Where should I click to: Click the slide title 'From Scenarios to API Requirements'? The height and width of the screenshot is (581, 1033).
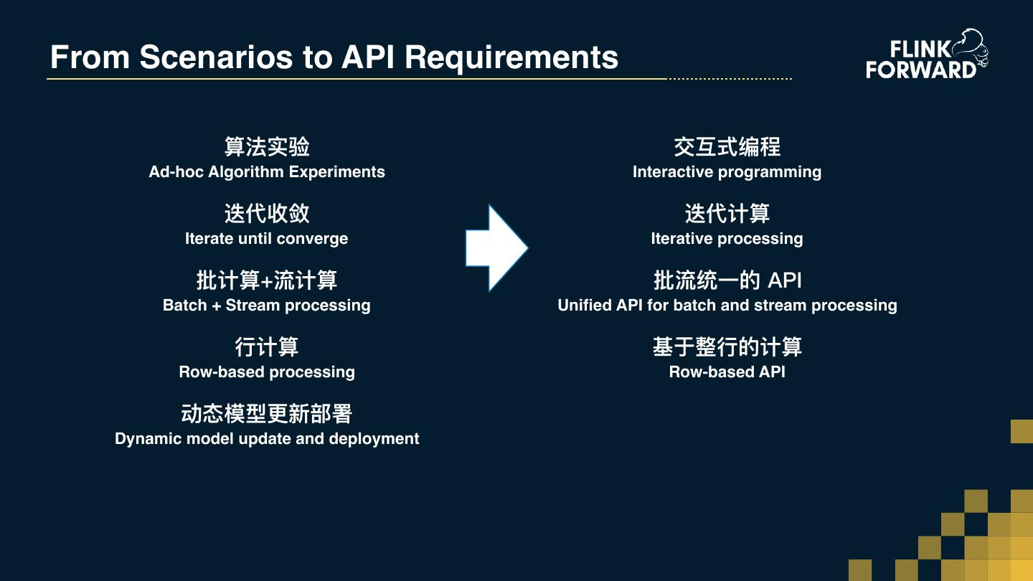tap(334, 57)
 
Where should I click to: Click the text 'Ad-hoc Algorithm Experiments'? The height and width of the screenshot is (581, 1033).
tap(267, 172)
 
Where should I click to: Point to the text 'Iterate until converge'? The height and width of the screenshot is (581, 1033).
tap(267, 239)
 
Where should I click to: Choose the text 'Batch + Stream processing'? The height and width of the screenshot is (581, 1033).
tap(267, 306)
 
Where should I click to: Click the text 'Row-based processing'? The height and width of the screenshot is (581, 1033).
tap(267, 372)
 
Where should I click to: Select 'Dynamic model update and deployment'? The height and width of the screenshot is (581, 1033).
tap(267, 439)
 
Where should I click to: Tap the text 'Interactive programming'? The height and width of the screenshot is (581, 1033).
tap(727, 172)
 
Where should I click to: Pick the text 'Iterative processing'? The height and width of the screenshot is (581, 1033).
tap(727, 239)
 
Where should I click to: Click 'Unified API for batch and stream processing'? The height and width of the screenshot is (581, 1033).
tap(727, 306)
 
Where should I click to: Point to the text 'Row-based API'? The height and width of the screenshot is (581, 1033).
tap(727, 372)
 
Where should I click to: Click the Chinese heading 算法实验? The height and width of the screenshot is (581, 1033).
tap(267, 147)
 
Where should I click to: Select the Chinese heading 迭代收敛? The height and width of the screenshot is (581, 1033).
tap(267, 214)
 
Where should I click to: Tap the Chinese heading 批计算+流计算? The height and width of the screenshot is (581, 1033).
tap(267, 280)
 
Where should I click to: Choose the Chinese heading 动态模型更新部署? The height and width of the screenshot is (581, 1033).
tap(267, 414)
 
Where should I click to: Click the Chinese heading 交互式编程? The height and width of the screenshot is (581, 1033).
tap(727, 147)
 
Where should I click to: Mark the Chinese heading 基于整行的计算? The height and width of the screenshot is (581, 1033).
tap(727, 347)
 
